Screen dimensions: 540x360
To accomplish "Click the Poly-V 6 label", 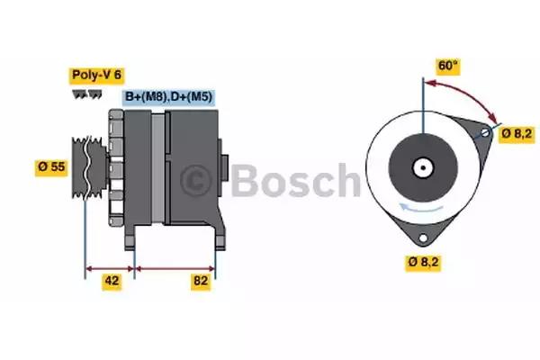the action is click(x=97, y=75).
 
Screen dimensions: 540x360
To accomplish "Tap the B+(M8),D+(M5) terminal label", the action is click(x=169, y=97).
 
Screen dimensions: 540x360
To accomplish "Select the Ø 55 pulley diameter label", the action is click(x=51, y=167).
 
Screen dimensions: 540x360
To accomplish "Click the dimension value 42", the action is click(x=112, y=281).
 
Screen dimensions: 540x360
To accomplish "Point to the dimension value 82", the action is click(x=201, y=281).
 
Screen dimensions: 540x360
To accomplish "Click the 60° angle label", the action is click(x=447, y=66).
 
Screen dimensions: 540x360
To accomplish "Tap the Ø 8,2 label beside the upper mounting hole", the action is click(x=517, y=134).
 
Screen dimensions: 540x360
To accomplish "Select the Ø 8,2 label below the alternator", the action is click(x=423, y=262).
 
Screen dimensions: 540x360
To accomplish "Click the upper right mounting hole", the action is click(x=485, y=132).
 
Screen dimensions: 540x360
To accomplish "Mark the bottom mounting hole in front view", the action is click(x=423, y=238).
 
